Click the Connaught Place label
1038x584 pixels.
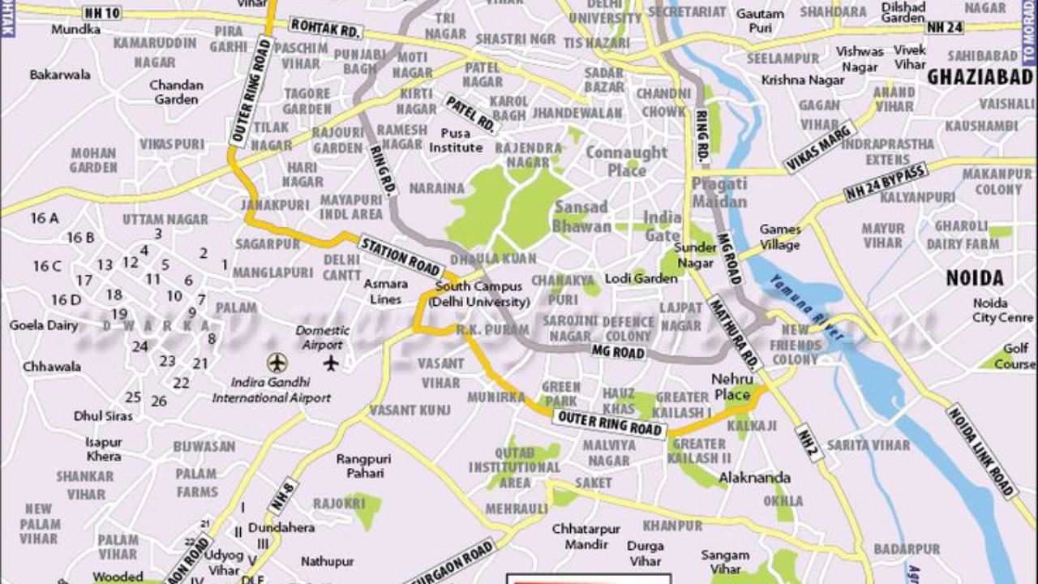coord(626,161)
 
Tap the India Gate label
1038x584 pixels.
coord(663,226)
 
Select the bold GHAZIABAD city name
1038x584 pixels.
coord(980,78)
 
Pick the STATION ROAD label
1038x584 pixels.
coord(401,255)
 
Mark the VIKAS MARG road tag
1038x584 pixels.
coord(820,147)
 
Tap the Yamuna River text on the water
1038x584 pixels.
coord(806,307)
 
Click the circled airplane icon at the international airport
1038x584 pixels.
coord(277,362)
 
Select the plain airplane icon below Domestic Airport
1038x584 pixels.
coord(331,363)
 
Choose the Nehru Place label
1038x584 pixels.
coord(732,387)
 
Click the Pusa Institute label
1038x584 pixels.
coord(456,140)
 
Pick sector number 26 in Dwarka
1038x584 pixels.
coord(159,401)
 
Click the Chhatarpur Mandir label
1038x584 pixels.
coord(586,536)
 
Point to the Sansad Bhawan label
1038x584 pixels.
coord(581,216)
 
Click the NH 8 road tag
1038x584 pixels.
coord(285,496)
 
